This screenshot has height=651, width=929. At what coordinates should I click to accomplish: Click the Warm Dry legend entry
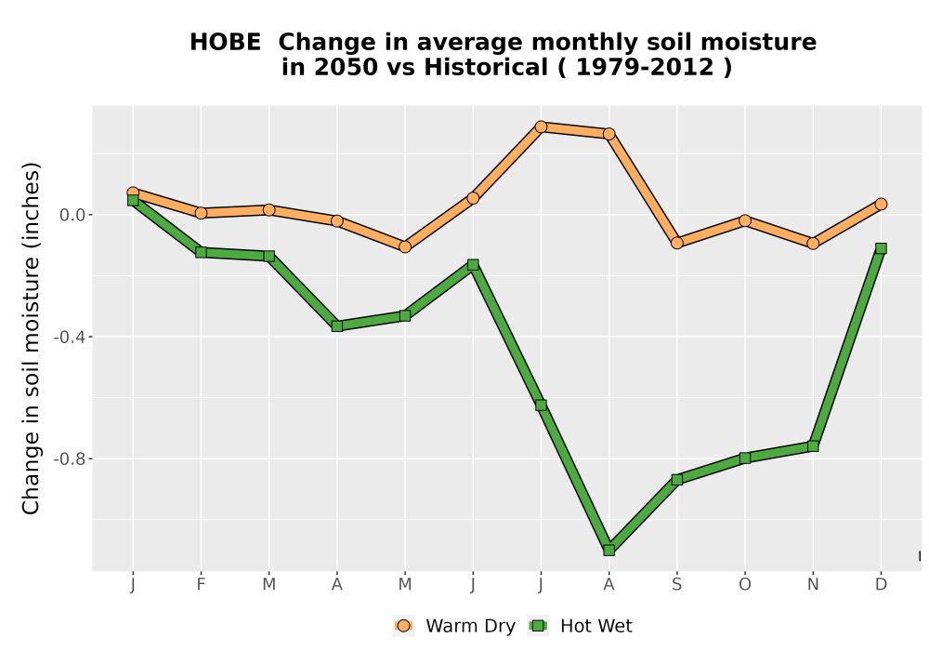coord(454,626)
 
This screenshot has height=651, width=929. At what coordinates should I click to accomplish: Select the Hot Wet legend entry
coord(580,626)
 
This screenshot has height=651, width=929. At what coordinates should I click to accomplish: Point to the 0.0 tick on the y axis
coord(72,215)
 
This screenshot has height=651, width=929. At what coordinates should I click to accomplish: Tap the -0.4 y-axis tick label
coord(70,337)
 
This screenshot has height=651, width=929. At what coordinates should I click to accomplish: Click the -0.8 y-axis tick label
coord(70,458)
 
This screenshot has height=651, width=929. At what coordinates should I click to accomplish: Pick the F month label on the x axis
coord(201,585)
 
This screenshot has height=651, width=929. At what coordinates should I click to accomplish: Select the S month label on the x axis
coord(676,585)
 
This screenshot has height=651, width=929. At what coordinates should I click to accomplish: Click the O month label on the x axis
coord(745,585)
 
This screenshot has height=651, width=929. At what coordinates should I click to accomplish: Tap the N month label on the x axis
coord(813,585)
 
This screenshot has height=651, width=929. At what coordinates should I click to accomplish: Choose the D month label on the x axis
coord(881,585)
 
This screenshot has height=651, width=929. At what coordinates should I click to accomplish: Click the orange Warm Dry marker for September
coord(676,243)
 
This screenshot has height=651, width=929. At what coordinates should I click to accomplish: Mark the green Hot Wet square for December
coord(881,248)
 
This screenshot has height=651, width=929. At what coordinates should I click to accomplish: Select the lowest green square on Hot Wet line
coord(609,551)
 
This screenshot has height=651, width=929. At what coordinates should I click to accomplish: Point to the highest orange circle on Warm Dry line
coord(541,126)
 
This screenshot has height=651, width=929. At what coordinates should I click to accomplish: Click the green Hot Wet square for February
coord(201,252)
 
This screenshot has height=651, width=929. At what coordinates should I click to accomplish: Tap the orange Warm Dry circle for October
coord(745,220)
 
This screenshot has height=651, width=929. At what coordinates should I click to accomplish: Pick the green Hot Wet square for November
coord(813,445)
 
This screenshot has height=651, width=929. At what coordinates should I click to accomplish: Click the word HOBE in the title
coord(225,43)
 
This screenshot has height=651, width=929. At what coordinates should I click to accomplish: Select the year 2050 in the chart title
coord(346,68)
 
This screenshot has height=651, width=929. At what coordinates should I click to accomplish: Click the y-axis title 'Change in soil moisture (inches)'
coord(31,338)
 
